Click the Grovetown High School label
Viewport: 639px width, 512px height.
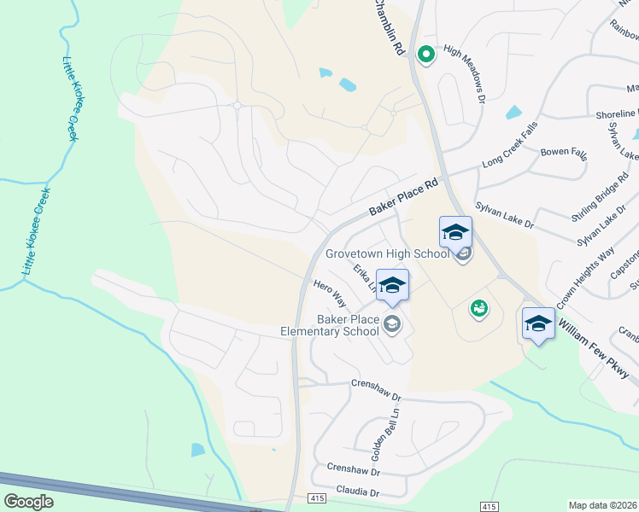click(386, 253)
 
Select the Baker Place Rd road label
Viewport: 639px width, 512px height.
click(403, 197)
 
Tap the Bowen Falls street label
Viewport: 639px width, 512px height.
click(564, 153)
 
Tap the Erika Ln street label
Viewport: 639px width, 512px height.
click(365, 278)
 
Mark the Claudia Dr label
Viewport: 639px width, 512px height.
click(356, 492)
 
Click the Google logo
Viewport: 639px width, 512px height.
click(28, 501)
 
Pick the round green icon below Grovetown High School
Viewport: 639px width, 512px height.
click(478, 307)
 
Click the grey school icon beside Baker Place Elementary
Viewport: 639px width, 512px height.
click(392, 323)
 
